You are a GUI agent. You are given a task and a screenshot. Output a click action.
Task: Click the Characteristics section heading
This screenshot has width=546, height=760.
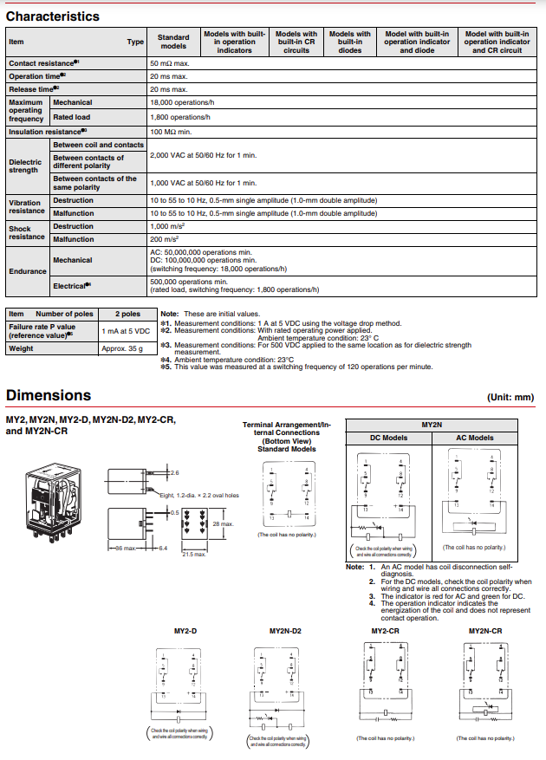(x=52, y=16)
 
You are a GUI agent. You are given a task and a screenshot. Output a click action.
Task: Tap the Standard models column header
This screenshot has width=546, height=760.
(x=173, y=42)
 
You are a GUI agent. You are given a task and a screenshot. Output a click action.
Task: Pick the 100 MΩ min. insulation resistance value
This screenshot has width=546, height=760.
(x=170, y=132)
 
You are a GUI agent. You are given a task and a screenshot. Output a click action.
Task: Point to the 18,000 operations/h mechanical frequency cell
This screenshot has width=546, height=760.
(x=180, y=102)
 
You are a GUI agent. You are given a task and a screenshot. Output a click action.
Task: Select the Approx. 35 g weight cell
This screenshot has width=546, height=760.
(x=122, y=348)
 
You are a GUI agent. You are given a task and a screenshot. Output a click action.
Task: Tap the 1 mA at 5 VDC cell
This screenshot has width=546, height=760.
(x=126, y=330)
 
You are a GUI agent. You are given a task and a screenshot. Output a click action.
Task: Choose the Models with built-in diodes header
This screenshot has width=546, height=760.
(x=350, y=42)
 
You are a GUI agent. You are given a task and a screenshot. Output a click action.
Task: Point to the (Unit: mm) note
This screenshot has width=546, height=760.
(x=511, y=397)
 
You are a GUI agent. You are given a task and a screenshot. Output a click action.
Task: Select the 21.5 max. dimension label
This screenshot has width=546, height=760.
(x=192, y=554)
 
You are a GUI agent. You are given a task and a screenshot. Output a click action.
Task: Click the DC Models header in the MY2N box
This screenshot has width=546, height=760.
(x=387, y=438)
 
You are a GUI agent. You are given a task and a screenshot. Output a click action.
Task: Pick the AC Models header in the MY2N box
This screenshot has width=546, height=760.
(x=474, y=438)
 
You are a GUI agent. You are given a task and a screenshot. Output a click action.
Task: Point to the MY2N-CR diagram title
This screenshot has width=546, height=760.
(x=484, y=631)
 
